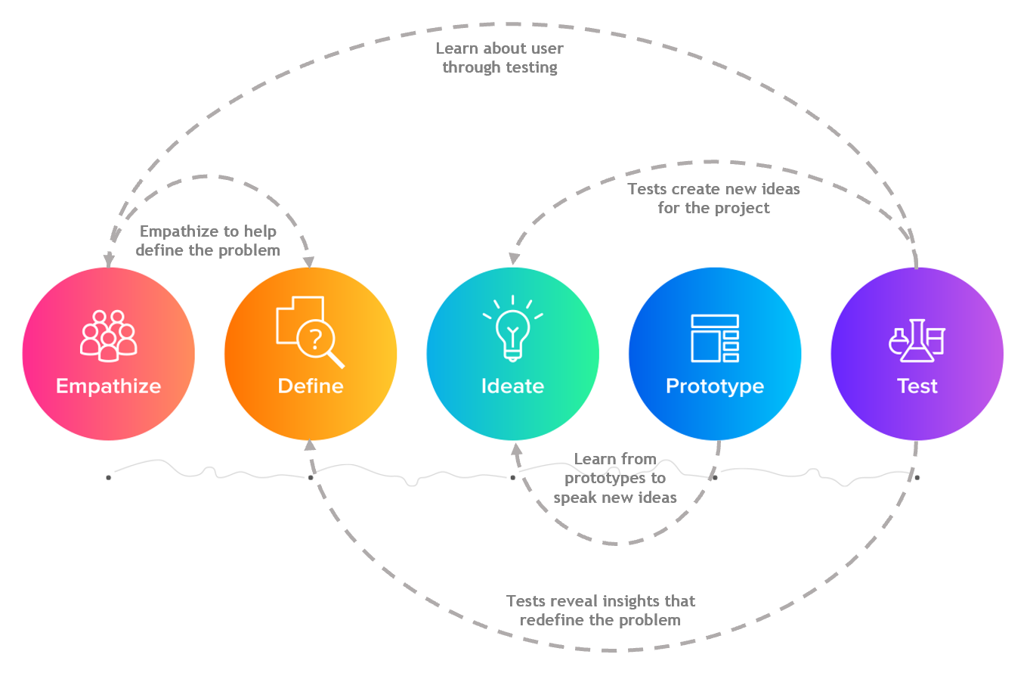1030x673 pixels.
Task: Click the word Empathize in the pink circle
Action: tap(108, 386)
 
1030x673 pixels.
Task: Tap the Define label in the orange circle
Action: tap(311, 386)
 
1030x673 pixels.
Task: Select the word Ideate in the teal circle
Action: tap(512, 386)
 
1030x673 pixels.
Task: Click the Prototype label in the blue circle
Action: tap(715, 386)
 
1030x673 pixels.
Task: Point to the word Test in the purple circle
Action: tap(917, 386)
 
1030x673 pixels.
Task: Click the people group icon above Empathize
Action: tap(109, 335)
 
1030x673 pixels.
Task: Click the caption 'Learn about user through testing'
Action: tap(500, 58)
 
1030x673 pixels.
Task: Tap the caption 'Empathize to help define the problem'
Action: tap(209, 240)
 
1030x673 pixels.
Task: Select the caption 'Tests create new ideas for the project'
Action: tap(713, 198)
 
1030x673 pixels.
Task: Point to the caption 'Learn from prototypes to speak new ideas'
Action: tap(615, 478)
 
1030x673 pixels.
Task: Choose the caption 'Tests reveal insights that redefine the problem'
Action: tap(601, 610)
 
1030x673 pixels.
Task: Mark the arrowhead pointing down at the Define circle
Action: tap(309, 260)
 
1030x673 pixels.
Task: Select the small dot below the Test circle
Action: tap(917, 478)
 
